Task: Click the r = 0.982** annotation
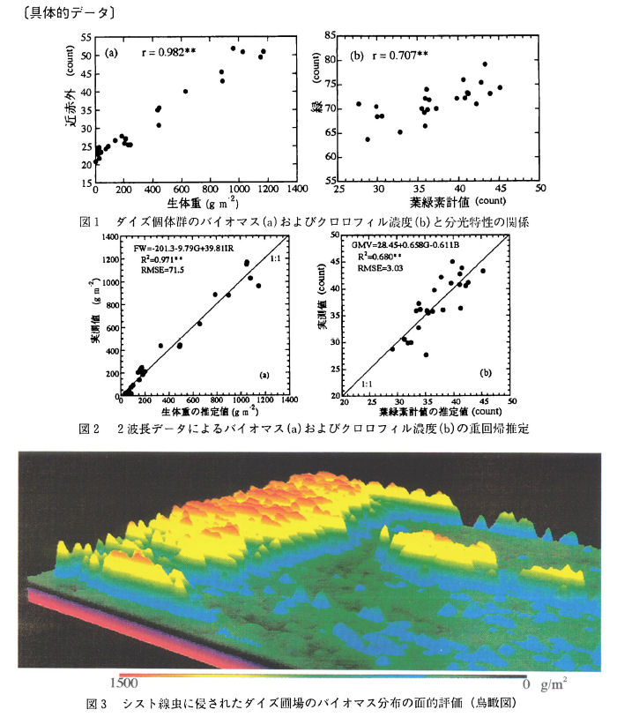pyautogui.click(x=175, y=54)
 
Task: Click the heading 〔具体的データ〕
pyautogui.click(x=63, y=12)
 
